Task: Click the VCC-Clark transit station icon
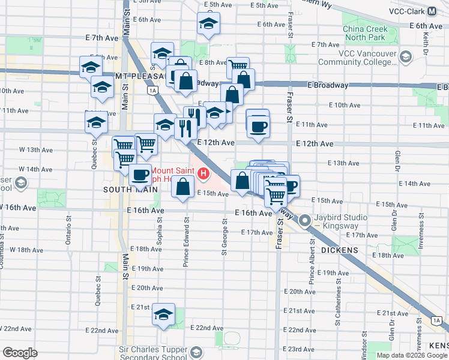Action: pos(431,11)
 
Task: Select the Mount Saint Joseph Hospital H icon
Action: pos(204,175)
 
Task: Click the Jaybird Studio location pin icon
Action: pos(305,221)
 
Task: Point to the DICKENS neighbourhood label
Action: pos(340,250)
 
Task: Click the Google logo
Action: pos(20,352)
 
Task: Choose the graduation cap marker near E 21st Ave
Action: pos(163,315)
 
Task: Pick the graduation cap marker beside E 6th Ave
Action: pos(208,25)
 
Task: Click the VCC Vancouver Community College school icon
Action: pos(406,57)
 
